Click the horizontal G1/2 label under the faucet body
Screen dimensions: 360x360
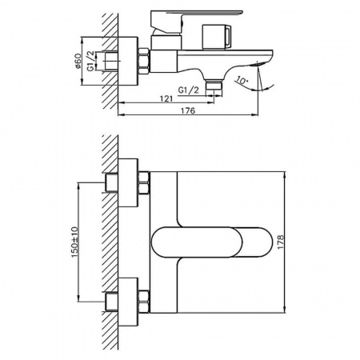point(188,90)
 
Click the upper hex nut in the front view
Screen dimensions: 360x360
point(145,183)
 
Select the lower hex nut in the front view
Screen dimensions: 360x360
point(145,302)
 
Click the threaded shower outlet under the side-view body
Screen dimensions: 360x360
point(213,84)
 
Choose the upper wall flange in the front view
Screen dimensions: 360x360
point(123,183)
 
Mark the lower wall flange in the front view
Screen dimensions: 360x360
point(123,302)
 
